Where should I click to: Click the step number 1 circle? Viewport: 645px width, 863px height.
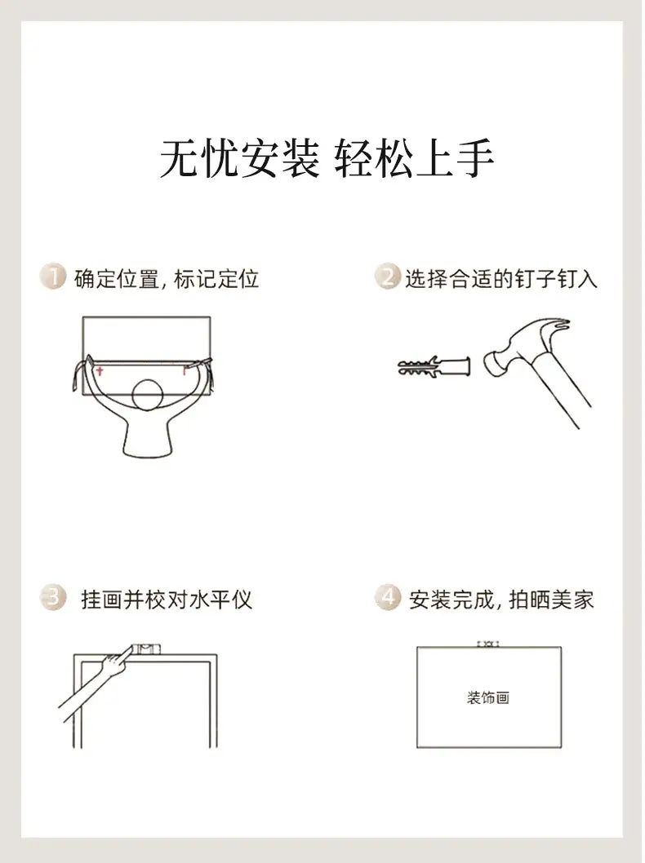(53, 277)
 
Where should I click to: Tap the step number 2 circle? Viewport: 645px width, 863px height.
(388, 277)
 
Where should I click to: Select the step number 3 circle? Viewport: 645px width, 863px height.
(53, 597)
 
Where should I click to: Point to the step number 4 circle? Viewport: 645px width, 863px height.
(388, 597)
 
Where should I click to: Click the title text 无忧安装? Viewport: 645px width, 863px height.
(239, 158)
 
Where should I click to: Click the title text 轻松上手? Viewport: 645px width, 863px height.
(414, 158)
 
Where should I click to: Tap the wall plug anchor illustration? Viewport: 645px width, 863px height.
(434, 366)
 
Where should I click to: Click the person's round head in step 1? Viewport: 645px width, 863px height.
(148, 395)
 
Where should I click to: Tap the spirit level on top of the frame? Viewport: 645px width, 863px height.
(146, 649)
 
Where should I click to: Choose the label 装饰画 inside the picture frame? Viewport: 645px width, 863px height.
(488, 698)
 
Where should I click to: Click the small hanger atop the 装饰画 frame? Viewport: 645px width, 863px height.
(488, 644)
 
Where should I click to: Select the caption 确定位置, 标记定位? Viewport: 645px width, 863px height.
(167, 278)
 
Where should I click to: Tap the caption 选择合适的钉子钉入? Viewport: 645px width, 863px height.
(501, 278)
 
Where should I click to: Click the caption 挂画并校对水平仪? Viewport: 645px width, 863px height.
(167, 600)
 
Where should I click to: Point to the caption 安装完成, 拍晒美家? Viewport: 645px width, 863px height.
(501, 600)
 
